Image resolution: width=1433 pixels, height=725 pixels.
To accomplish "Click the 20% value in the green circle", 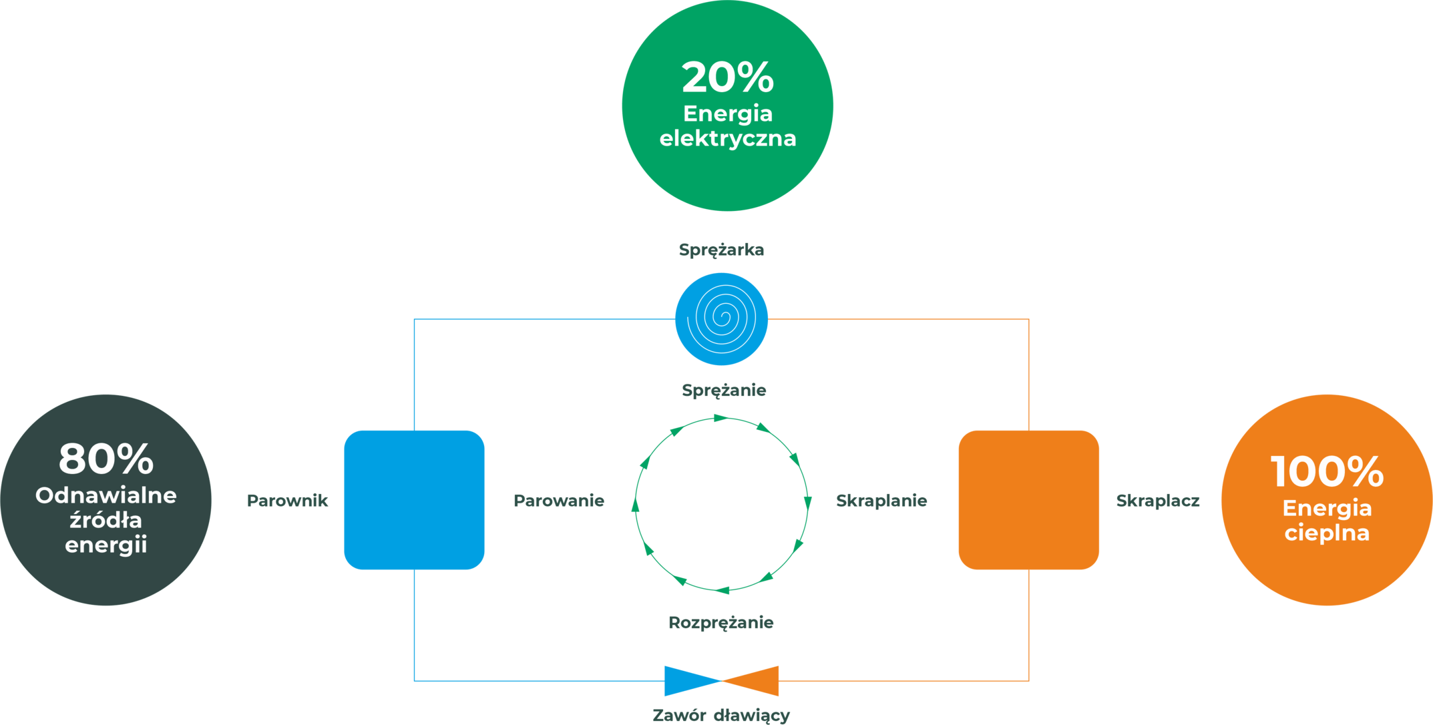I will point(727,77).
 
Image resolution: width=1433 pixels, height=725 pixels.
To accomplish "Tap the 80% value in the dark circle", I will point(106,459).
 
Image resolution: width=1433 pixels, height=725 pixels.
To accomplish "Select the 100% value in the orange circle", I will point(1327,471).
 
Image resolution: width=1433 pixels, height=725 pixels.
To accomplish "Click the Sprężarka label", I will point(721,250).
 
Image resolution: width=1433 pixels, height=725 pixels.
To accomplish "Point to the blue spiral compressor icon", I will point(721,319).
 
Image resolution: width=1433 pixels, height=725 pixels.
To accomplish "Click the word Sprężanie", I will point(724,391).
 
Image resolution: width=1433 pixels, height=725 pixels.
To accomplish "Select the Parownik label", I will point(287,501).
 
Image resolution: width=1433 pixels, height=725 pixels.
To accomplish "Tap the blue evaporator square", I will point(414,500).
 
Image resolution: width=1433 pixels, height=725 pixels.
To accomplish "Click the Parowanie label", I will point(558,501).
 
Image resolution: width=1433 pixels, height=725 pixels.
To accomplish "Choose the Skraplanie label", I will point(881,501).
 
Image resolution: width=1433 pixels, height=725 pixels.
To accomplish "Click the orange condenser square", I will point(1028,500).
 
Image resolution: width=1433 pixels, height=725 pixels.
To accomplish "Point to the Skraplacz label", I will point(1158,501).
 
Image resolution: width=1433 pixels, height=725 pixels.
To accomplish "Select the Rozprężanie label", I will point(721,623).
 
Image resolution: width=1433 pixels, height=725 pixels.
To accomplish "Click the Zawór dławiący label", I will point(721,716).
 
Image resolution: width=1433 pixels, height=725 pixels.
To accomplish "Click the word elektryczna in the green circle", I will point(727,138).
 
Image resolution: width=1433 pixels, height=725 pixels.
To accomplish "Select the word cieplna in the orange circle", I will point(1327,533).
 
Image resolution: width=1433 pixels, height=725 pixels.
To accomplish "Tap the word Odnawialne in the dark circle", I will point(106,495).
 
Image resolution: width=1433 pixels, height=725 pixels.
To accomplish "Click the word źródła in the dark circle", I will point(106,519).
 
